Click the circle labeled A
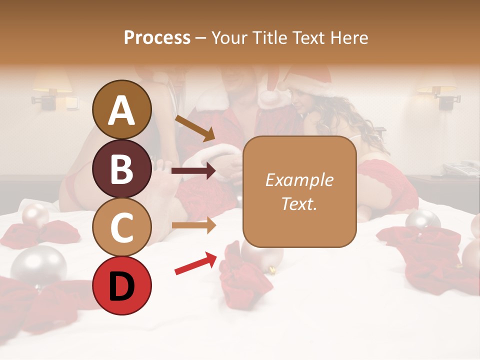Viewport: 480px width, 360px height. pos(121,109)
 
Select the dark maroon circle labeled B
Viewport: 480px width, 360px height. pos(121,168)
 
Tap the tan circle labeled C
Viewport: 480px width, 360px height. pos(121,227)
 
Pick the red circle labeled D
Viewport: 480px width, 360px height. pos(121,285)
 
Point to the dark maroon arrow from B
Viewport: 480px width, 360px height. pos(193,171)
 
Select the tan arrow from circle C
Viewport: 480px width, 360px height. pos(193,225)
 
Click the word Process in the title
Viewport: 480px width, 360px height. pos(157,37)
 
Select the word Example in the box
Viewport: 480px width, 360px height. pos(299,180)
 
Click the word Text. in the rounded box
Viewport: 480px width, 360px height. pos(299,203)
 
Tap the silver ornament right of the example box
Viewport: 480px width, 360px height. pos(422,220)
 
